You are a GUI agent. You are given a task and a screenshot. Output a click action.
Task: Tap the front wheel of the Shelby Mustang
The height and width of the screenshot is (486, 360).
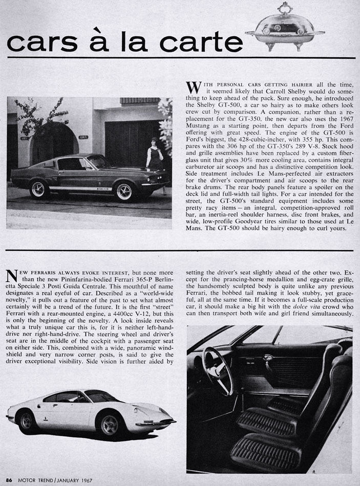(x=124, y=192)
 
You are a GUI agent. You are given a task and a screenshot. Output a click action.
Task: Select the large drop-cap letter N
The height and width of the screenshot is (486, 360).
(x=13, y=277)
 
